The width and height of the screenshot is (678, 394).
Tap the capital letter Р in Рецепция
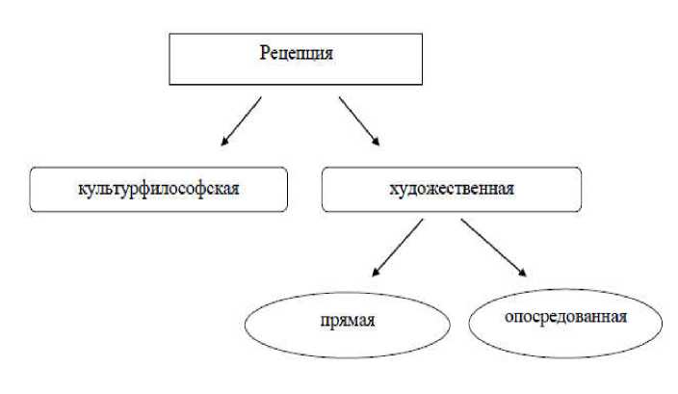[264, 54]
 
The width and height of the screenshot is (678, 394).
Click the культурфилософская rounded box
[159, 189]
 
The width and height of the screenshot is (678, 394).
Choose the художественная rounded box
[452, 189]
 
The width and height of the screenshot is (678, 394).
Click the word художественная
[452, 188]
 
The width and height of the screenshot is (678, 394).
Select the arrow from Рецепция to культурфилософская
[242, 120]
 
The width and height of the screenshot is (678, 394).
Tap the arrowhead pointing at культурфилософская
[225, 141]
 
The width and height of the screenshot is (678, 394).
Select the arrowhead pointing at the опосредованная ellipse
[521, 276]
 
